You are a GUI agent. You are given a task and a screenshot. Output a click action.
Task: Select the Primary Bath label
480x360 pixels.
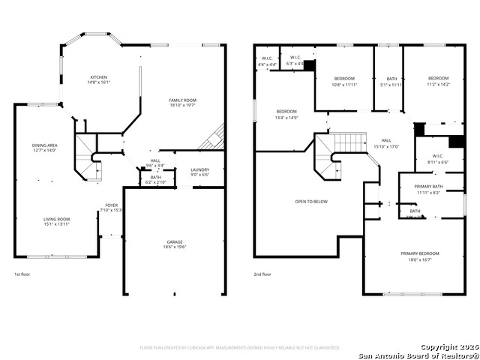428,189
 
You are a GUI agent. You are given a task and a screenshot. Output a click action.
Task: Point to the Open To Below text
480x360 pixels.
310,201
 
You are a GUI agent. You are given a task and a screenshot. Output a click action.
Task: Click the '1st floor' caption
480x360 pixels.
23,274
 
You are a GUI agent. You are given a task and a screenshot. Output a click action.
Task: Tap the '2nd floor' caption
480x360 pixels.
262,274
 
